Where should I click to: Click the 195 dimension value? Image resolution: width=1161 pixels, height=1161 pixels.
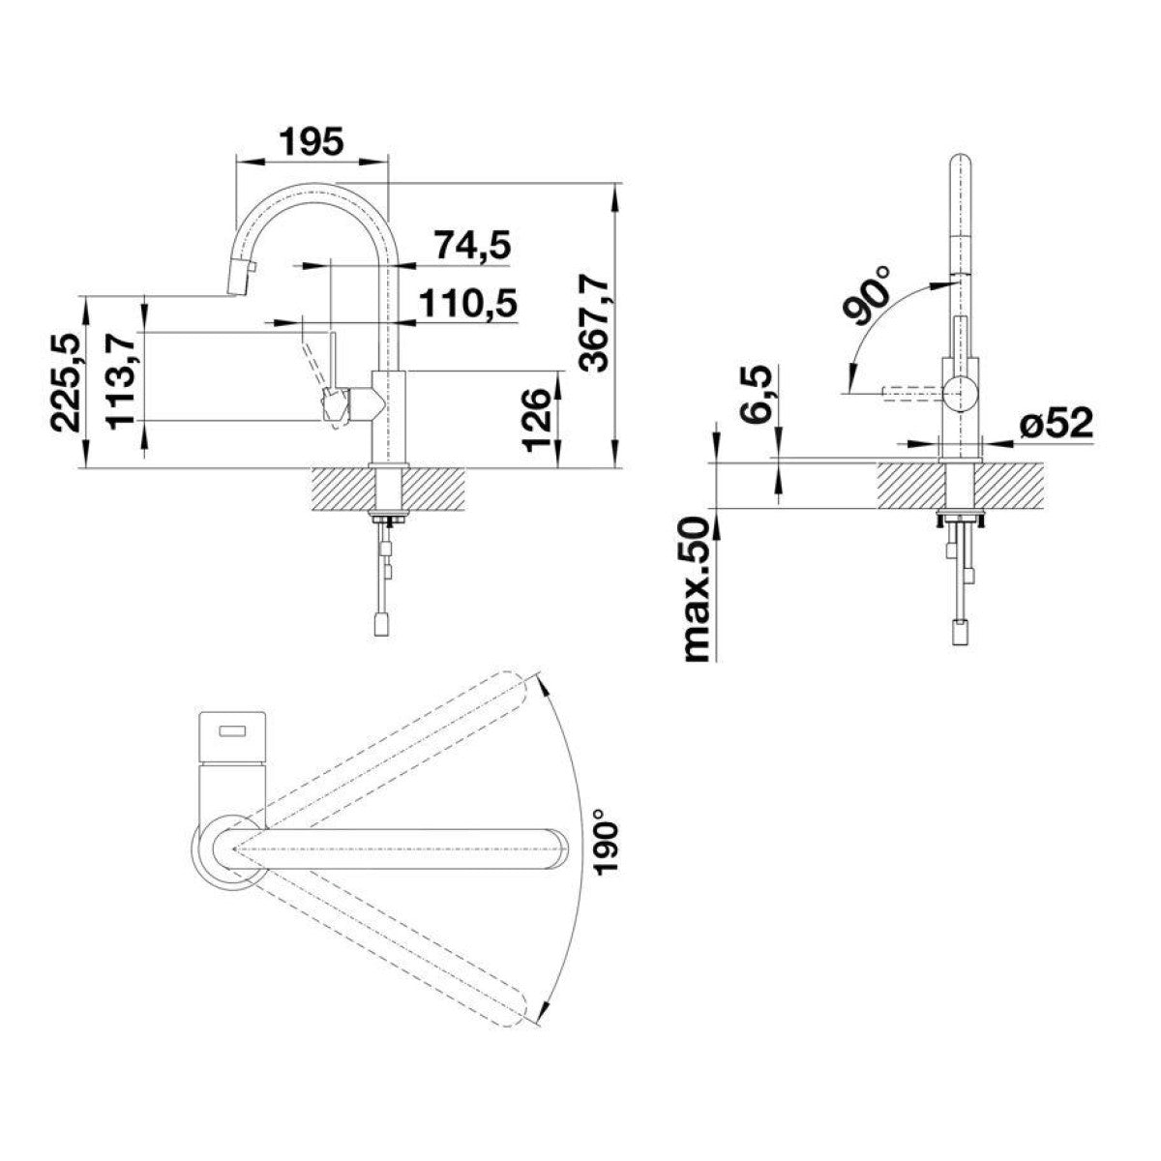click(x=312, y=141)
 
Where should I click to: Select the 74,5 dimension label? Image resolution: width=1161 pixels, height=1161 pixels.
click(x=473, y=246)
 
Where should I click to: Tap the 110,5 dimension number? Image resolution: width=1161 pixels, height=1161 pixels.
click(x=467, y=304)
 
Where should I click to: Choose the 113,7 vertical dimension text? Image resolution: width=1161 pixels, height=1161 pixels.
click(x=121, y=381)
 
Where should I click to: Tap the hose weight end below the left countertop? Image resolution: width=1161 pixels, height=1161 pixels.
click(x=380, y=624)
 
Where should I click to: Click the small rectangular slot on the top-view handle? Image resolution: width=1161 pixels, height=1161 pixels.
click(x=233, y=731)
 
